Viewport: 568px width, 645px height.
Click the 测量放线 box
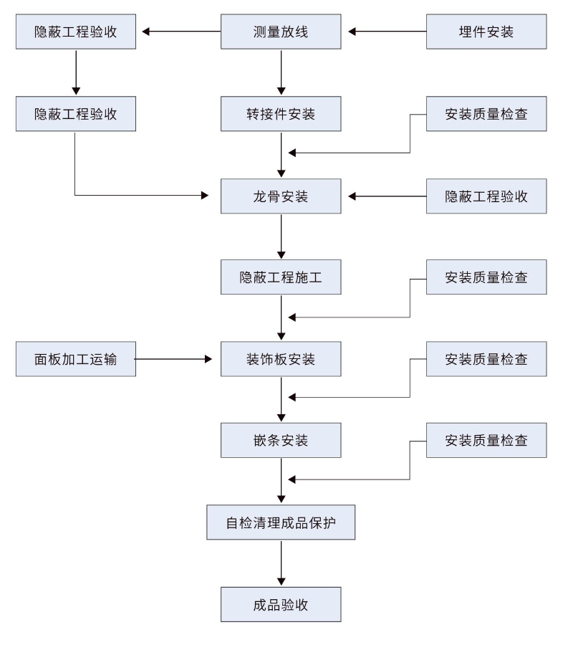pos(281,32)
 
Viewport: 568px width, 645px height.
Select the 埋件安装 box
pos(486,32)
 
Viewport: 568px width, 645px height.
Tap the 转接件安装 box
pos(281,114)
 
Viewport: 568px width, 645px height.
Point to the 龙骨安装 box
pos(281,196)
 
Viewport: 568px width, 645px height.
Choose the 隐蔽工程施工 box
pos(281,277)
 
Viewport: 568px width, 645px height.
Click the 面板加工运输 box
pos(75,359)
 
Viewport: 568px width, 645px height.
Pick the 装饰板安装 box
pos(281,359)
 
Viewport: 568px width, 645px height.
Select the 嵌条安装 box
pos(281,440)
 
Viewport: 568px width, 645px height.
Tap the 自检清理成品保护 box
pos(281,522)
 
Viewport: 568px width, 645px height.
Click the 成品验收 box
pos(281,604)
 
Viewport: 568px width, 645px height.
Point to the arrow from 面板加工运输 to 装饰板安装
pos(174,359)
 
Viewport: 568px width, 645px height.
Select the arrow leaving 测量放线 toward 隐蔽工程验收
pos(180,32)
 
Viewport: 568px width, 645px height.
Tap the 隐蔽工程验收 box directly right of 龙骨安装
pos(486,196)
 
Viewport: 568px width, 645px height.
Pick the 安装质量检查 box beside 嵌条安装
pos(486,440)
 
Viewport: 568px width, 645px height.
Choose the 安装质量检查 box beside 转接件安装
pos(486,114)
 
